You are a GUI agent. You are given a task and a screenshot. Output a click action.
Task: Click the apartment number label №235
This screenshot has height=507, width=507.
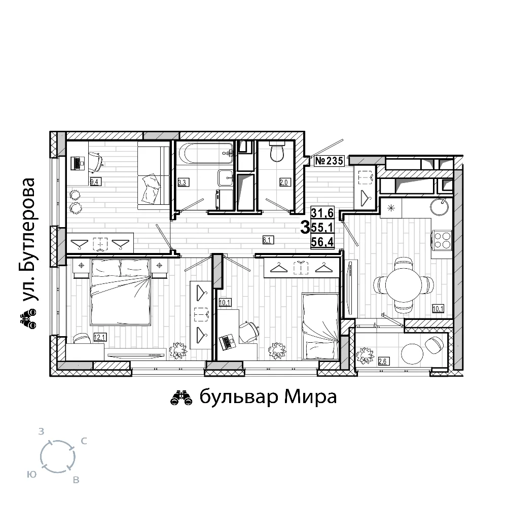(x=329, y=161)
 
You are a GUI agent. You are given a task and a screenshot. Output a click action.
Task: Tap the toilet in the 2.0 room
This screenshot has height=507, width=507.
(x=277, y=152)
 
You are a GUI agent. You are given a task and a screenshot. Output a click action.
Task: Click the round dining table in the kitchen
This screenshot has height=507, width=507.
(x=404, y=285)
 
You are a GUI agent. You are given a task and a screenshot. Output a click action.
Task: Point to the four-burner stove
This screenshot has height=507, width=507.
(x=442, y=240)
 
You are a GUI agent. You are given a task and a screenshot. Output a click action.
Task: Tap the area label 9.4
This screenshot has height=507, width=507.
(x=94, y=182)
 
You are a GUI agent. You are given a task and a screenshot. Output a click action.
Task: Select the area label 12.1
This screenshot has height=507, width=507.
(x=99, y=338)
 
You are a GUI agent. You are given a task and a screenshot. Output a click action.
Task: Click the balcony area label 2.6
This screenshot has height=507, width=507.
(x=382, y=361)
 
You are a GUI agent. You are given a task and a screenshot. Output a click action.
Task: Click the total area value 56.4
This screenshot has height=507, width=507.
(x=322, y=242)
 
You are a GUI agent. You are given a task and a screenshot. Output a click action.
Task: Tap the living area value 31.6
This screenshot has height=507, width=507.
(x=322, y=213)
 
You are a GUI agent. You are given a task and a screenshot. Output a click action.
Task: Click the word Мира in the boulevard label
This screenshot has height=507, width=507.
(x=311, y=397)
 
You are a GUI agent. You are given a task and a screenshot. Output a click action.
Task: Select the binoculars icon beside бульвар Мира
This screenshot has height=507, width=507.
(x=181, y=398)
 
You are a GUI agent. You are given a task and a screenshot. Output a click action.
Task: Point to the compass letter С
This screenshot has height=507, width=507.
(x=84, y=441)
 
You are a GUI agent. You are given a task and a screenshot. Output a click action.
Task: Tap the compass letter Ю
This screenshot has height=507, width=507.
(x=32, y=475)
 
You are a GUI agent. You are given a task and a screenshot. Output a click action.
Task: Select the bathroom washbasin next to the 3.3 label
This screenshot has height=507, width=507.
(x=226, y=177)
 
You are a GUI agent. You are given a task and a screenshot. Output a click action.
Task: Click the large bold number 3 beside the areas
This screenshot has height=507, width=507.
(x=305, y=228)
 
